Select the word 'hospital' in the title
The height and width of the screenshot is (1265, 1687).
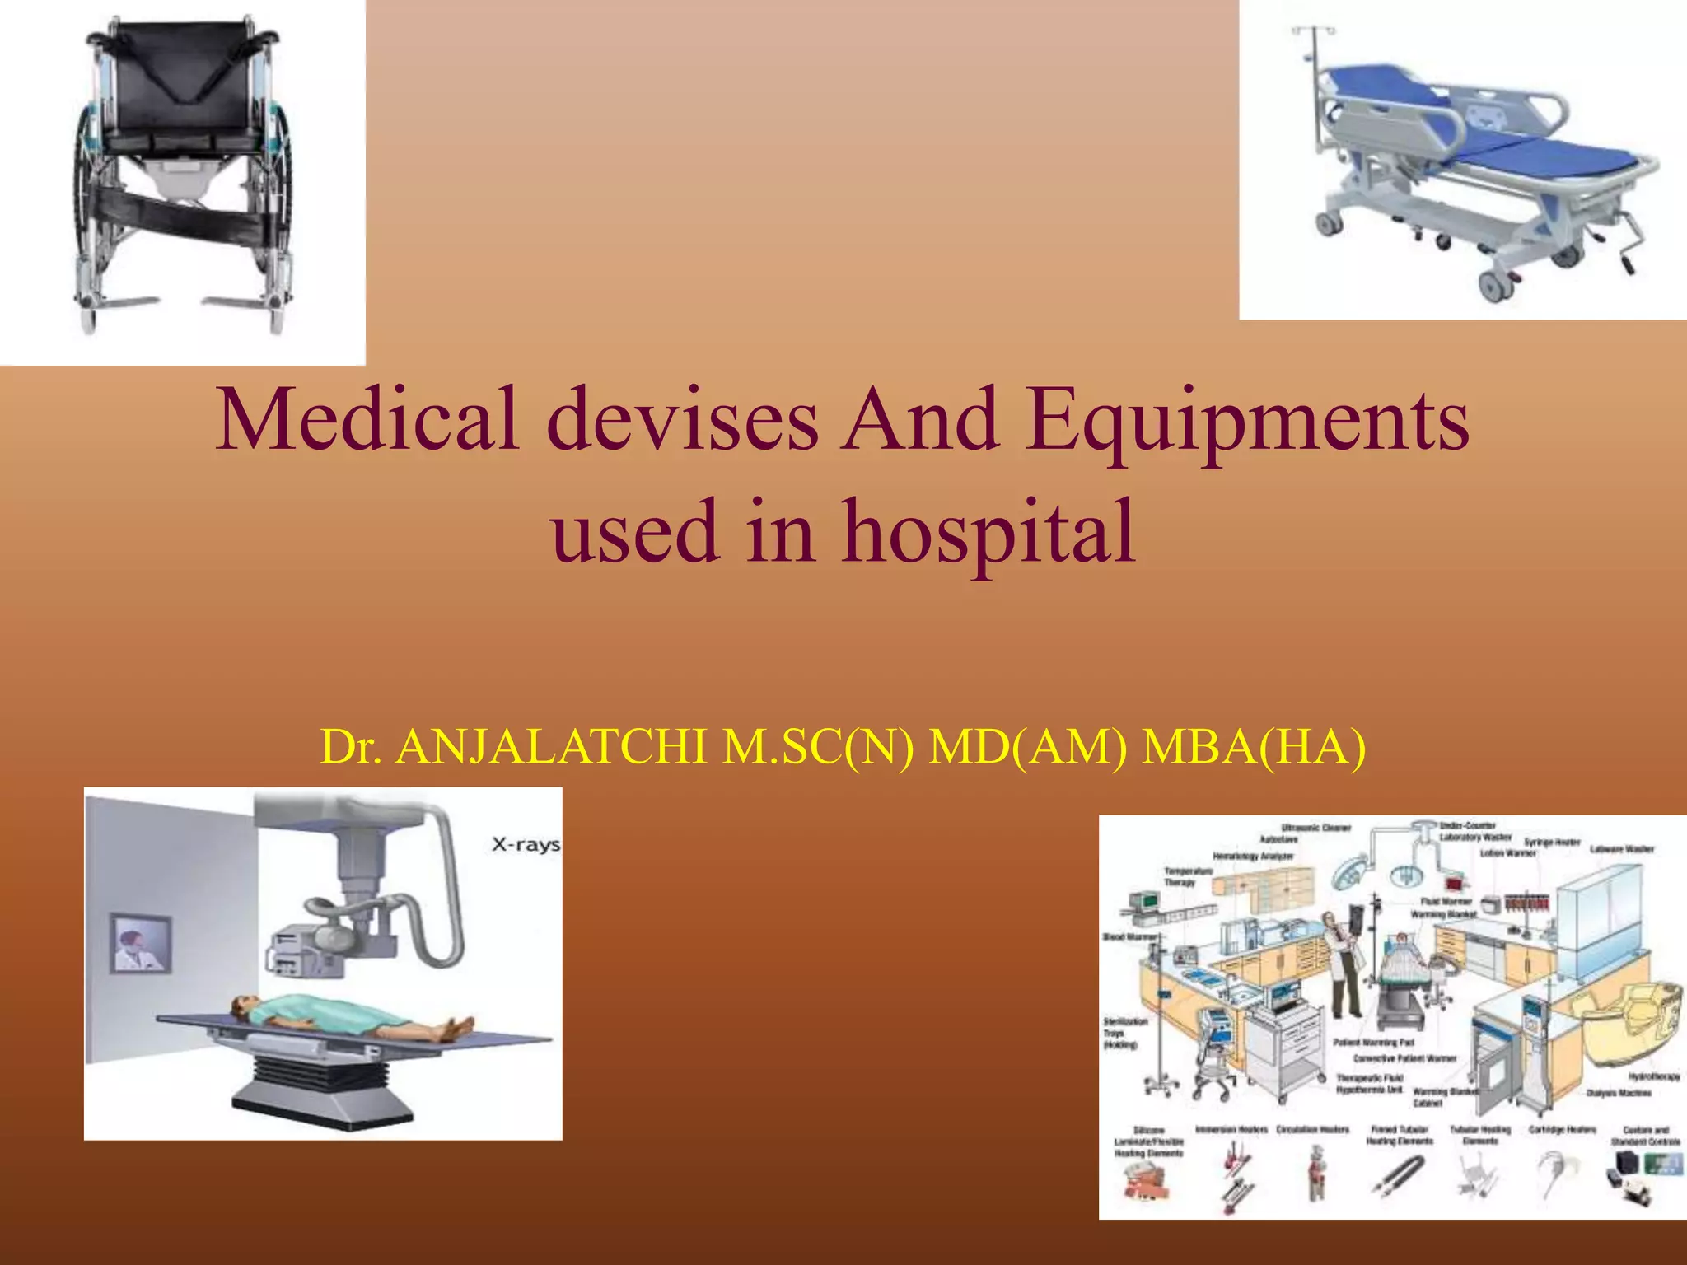(x=988, y=532)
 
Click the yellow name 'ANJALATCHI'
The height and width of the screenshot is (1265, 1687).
(x=551, y=747)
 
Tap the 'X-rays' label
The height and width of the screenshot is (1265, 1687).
(x=526, y=844)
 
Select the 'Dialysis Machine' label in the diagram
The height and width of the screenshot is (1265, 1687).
(x=1619, y=1093)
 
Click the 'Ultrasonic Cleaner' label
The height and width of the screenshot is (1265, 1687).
(x=1316, y=828)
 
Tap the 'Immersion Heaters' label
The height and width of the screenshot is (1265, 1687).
(x=1231, y=1130)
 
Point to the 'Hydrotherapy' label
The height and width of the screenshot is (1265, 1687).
(x=1654, y=1076)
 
